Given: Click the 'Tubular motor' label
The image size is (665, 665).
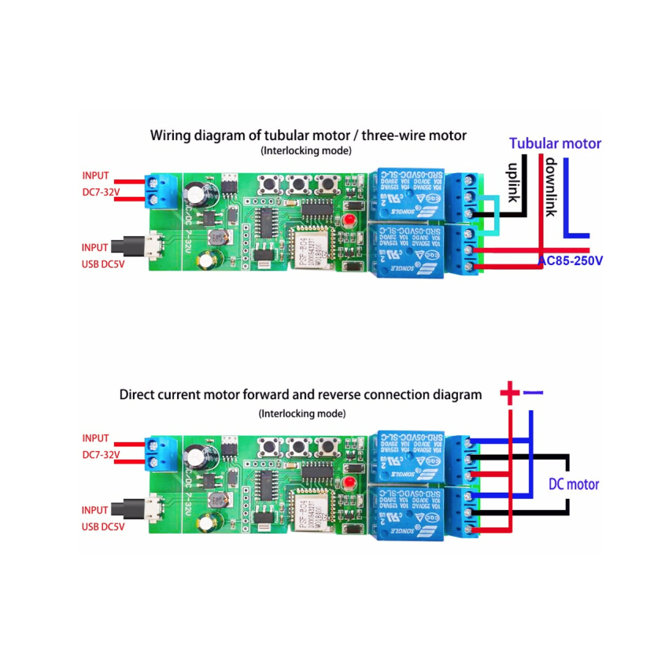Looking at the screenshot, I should pyautogui.click(x=555, y=143).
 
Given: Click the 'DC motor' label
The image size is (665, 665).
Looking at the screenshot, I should pyautogui.click(x=574, y=485).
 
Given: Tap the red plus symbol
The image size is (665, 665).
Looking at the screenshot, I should pyautogui.click(x=509, y=393).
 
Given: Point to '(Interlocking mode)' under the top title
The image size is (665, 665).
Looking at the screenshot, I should pyautogui.click(x=305, y=150).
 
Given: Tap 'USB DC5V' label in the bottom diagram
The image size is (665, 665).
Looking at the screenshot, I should pyautogui.click(x=103, y=526).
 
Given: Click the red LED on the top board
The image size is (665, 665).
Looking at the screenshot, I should pyautogui.click(x=348, y=219).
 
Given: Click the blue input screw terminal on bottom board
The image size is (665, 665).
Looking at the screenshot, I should pyautogui.click(x=161, y=451).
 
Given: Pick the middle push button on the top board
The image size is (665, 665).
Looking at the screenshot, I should pyautogui.click(x=297, y=186).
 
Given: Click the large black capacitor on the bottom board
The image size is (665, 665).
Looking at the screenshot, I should pyautogui.click(x=194, y=455).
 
